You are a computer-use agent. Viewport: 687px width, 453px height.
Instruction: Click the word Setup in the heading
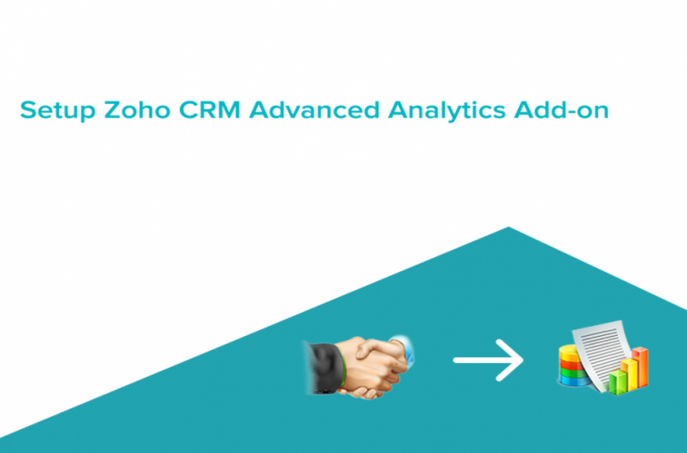coord(58,110)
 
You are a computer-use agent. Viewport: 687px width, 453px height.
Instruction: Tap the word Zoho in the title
coord(137,110)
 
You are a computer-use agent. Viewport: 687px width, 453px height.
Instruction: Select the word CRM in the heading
coord(210,110)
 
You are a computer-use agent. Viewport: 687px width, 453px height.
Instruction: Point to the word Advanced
coord(314,110)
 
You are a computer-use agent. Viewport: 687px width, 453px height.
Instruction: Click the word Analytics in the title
coord(447,110)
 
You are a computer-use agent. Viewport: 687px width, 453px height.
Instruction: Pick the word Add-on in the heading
coord(562,110)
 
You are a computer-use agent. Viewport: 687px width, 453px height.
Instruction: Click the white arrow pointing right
coord(488,360)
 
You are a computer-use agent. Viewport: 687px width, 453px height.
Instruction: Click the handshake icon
coord(359,367)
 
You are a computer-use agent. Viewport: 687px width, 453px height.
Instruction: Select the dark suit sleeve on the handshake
coord(323,367)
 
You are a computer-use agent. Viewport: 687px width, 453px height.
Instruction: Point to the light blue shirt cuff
coord(404,349)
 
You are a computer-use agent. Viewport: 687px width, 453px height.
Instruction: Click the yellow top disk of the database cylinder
coord(569,352)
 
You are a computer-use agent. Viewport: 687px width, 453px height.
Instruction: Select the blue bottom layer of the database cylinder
coord(572,380)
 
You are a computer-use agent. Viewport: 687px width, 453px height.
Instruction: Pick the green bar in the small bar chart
coord(617,382)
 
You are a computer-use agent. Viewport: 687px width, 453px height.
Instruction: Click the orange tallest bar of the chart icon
coord(640,367)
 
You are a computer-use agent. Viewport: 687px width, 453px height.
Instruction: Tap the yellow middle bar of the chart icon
coord(629,375)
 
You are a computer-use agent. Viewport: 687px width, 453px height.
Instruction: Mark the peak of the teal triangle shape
coord(508,226)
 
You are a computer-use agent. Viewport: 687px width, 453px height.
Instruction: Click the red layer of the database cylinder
coord(570,365)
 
